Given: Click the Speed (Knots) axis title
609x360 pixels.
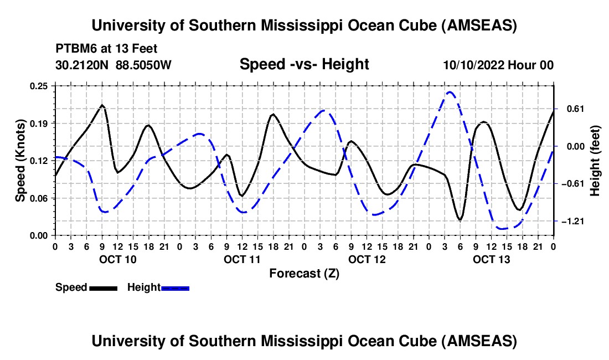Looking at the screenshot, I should click(x=20, y=161).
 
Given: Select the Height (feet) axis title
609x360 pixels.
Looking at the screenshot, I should click(x=595, y=161).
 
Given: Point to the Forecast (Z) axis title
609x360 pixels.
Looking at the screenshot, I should click(x=304, y=273).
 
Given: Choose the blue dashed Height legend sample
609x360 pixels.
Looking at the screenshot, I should click(x=175, y=288).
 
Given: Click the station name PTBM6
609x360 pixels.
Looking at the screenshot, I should click(x=75, y=49).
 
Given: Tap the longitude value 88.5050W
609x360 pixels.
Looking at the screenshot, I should click(x=143, y=65).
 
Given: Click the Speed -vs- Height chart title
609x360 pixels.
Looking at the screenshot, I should click(x=304, y=64).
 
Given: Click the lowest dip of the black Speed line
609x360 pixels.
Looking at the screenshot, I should click(x=460, y=220).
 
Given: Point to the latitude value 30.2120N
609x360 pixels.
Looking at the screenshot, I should click(x=82, y=65).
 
